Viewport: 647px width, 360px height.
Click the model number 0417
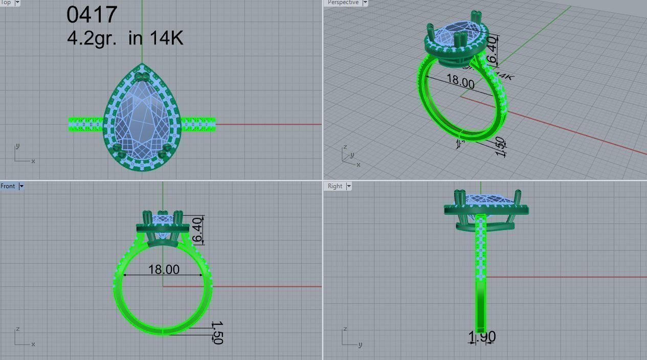(92, 15)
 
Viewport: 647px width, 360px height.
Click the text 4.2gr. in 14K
(125, 38)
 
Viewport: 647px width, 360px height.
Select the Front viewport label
(8, 186)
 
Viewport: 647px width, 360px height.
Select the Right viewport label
(335, 186)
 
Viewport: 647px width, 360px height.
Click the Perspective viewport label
(343, 3)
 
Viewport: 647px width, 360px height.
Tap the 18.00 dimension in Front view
(164, 269)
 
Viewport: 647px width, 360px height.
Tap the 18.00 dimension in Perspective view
(460, 81)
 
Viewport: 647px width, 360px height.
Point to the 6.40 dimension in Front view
(197, 230)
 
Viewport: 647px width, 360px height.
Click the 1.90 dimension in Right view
(482, 337)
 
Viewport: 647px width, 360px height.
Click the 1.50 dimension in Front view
(217, 332)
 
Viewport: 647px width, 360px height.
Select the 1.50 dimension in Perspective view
(500, 147)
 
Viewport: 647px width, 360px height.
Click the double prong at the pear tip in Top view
(142, 78)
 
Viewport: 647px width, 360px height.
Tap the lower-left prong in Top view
(120, 152)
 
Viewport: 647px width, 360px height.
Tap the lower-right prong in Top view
(165, 152)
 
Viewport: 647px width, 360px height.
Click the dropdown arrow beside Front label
(21, 186)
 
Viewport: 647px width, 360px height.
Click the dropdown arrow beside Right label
(349, 186)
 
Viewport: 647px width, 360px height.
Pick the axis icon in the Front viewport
(24, 337)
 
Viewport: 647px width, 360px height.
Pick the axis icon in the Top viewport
(24, 154)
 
